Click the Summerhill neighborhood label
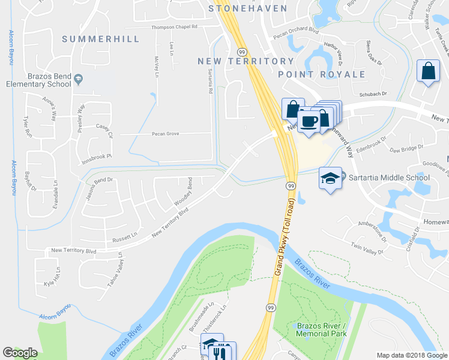click(x=101, y=39)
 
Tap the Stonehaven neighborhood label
click(x=247, y=8)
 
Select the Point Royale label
click(x=322, y=74)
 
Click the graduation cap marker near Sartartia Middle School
click(x=330, y=178)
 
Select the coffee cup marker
click(x=309, y=121)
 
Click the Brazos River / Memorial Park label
click(x=322, y=329)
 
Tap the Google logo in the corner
click(x=20, y=353)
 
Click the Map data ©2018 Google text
click(x=412, y=355)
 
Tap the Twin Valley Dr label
click(x=367, y=250)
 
